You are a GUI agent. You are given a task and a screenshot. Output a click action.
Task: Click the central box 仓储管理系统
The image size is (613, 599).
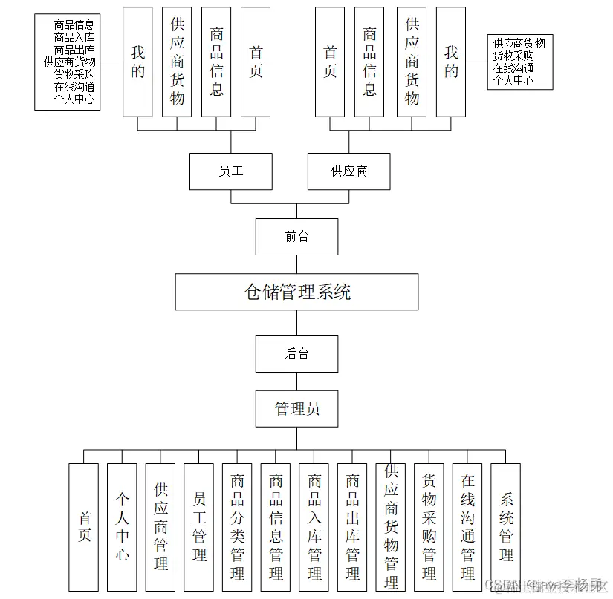click(296, 292)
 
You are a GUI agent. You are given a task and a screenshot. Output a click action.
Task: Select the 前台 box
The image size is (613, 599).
click(296, 237)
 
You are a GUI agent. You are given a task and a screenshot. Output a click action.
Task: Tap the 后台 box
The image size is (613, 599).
click(296, 354)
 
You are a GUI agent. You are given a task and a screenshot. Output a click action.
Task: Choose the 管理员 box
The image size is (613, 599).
click(296, 409)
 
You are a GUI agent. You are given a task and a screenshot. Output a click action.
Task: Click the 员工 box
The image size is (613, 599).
click(230, 171)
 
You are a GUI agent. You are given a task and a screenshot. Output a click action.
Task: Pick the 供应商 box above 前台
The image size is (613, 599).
click(348, 171)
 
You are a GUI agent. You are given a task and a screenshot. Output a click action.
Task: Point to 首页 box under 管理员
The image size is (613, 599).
click(83, 527)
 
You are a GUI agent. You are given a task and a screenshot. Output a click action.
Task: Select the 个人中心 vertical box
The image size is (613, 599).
click(122, 527)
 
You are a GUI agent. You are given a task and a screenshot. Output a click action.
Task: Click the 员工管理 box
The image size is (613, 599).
click(198, 527)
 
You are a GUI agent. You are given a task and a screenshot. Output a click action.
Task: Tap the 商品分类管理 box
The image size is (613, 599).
click(237, 527)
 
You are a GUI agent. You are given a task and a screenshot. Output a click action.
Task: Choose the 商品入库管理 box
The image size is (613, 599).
click(314, 527)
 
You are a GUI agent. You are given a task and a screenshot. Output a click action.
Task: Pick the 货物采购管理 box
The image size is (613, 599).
click(429, 527)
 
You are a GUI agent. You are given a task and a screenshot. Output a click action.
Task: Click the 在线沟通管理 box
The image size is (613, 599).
click(467, 527)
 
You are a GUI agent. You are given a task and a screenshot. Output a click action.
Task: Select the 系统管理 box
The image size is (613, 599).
click(506, 527)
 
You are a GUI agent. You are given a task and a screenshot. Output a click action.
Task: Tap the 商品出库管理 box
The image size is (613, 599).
click(352, 527)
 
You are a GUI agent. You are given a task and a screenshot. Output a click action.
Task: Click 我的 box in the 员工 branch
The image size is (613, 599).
click(137, 62)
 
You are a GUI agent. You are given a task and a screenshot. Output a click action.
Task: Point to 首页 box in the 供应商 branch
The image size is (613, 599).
click(330, 62)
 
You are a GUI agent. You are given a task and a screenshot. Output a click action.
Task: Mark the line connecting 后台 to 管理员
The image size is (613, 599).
click(296, 382)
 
